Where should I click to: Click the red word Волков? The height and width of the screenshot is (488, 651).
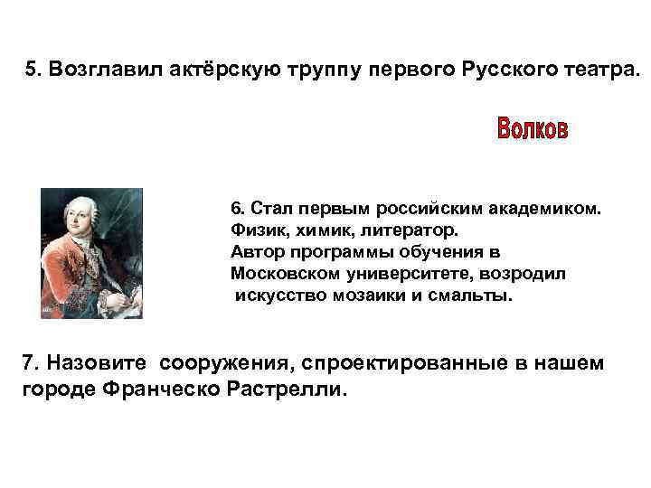pyautogui.click(x=533, y=129)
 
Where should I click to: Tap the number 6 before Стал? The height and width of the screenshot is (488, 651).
pyautogui.click(x=237, y=209)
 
